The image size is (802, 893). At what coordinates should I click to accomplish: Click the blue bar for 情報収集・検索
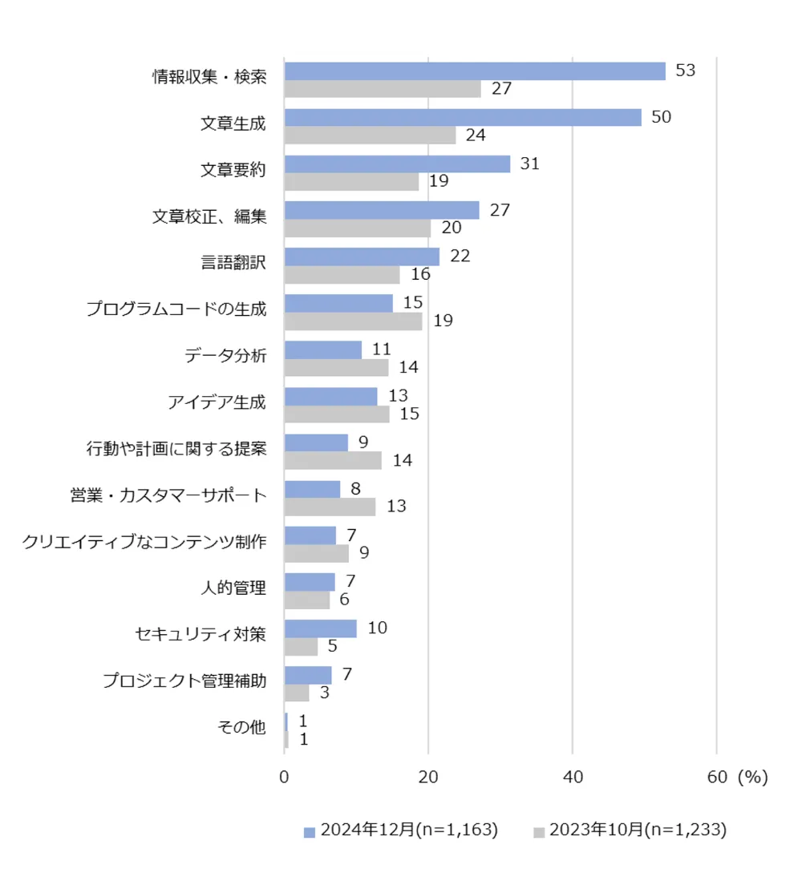tap(475, 71)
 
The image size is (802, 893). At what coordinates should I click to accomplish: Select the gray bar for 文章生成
tap(370, 135)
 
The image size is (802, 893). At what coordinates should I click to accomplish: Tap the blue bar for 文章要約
tap(397, 164)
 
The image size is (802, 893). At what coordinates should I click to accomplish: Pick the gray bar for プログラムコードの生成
tap(353, 321)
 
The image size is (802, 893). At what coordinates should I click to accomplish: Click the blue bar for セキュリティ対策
tap(320, 628)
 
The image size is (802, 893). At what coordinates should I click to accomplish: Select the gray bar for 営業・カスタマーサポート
tap(330, 507)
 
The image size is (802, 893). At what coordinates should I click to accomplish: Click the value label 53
tap(685, 71)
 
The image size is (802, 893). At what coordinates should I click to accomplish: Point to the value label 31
tap(529, 164)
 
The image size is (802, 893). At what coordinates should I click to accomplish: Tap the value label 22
tap(460, 257)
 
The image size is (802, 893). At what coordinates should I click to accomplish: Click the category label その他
tap(241, 727)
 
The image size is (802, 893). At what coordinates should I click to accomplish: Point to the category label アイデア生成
tap(217, 402)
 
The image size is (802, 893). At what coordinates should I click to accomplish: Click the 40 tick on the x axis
tap(572, 777)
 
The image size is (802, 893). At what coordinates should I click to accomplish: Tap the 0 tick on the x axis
tap(284, 777)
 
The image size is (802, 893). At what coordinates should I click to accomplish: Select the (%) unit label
tap(752, 777)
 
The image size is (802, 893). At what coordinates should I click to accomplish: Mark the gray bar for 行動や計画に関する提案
tap(333, 460)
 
